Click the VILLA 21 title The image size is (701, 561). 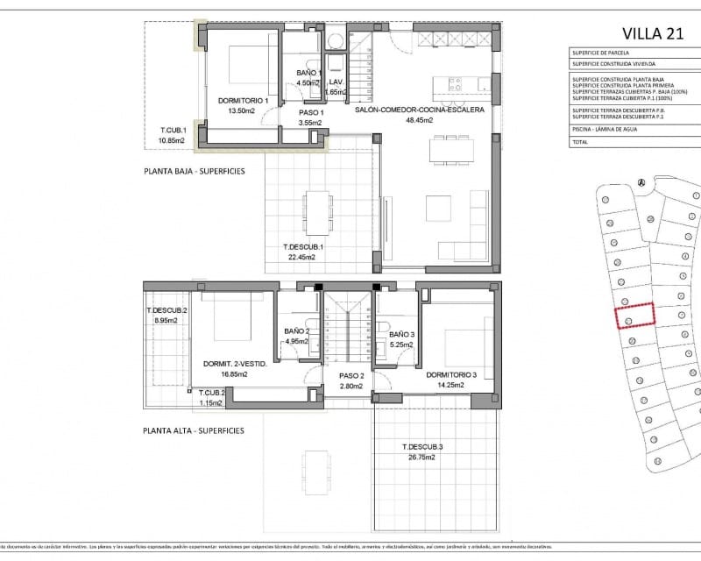pyautogui.click(x=651, y=33)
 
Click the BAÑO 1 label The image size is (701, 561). pyautogui.click(x=309, y=73)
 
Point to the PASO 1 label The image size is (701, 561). pyautogui.click(x=312, y=112)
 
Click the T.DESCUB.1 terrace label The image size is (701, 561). pyautogui.click(x=303, y=247)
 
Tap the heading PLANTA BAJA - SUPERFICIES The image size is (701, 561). pyautogui.click(x=195, y=172)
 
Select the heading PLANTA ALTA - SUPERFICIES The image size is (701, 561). pyautogui.click(x=195, y=430)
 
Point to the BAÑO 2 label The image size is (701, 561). pyautogui.click(x=297, y=332)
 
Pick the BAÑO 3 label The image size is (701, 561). pyautogui.click(x=401, y=335)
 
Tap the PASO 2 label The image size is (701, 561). pyautogui.click(x=349, y=375)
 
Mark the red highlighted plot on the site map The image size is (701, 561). pyautogui.click(x=634, y=314)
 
